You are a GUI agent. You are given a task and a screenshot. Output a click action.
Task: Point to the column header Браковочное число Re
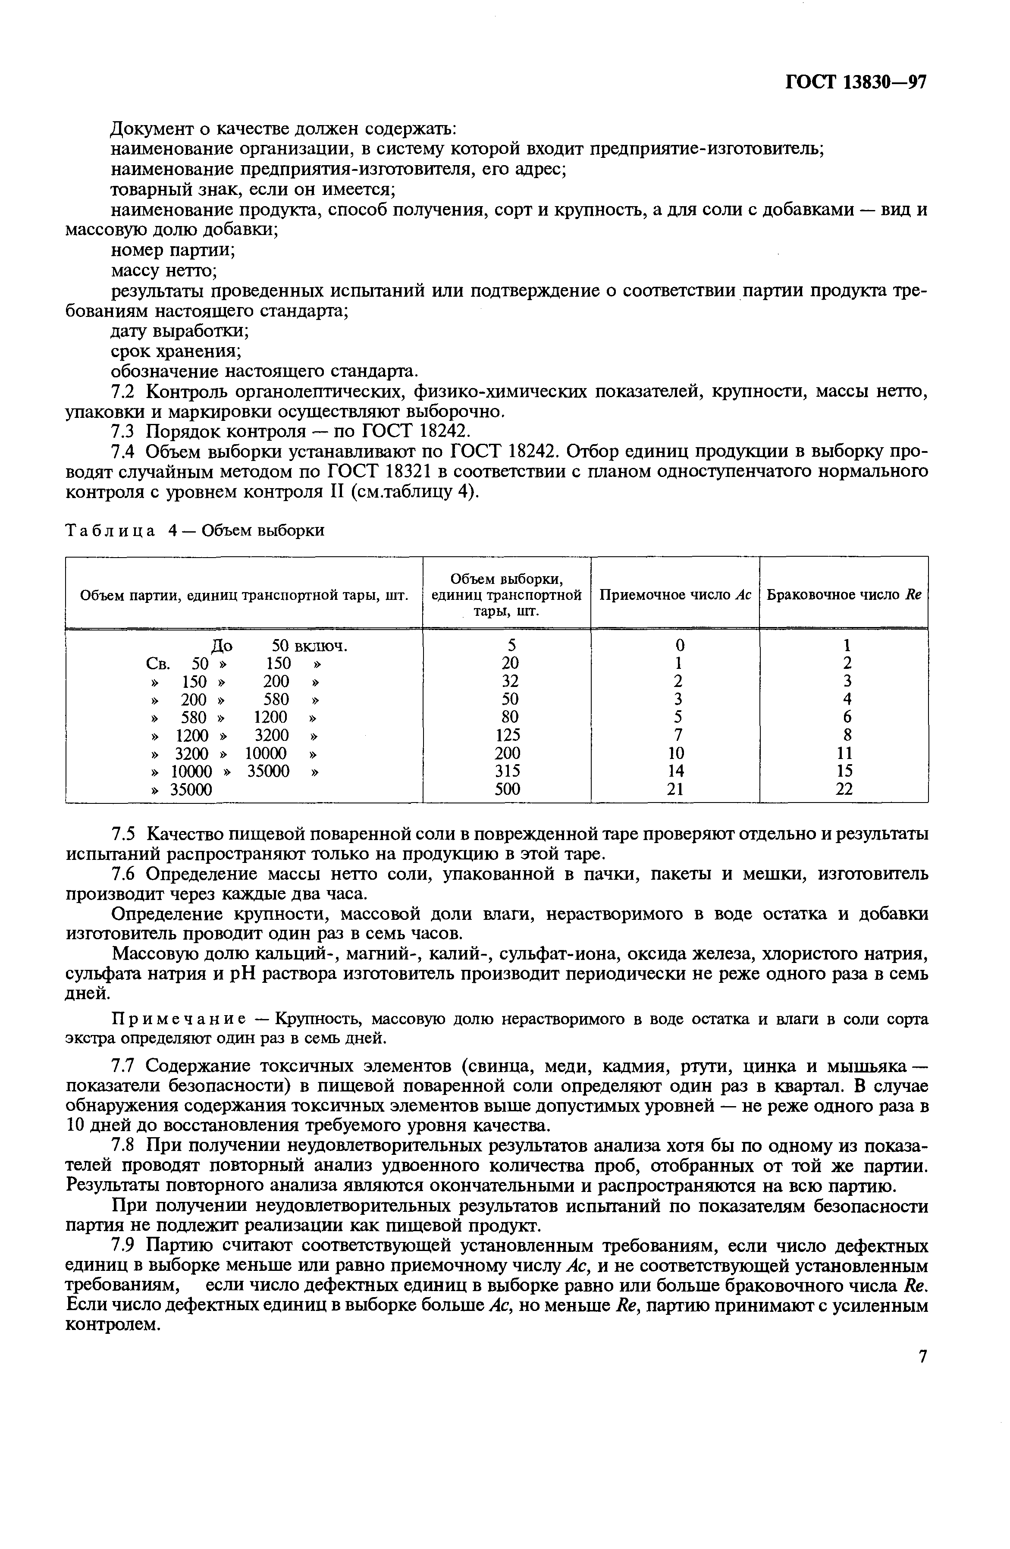click(x=844, y=595)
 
